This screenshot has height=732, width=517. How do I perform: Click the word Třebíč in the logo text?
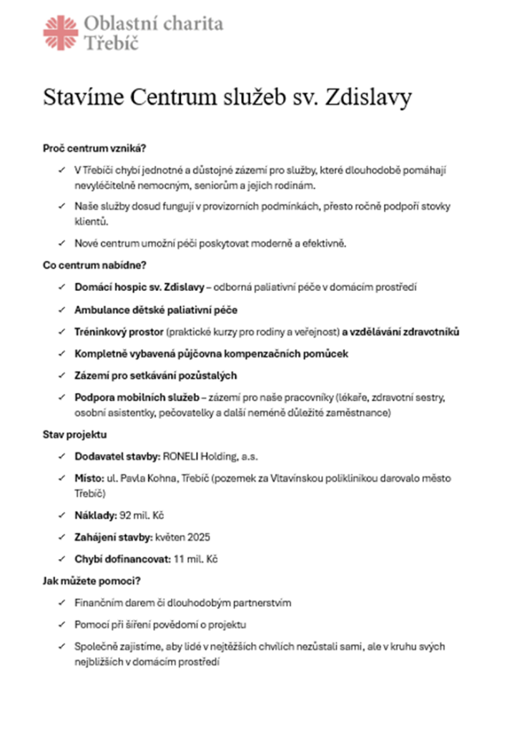[x=112, y=43]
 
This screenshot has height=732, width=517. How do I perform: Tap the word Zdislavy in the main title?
[x=368, y=99]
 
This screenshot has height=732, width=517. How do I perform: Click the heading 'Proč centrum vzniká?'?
[x=94, y=149]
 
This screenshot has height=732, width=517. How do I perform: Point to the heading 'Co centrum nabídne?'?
[x=94, y=265]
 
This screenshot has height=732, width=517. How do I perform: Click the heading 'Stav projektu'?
[x=76, y=435]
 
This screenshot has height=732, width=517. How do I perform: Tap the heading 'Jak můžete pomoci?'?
[x=91, y=581]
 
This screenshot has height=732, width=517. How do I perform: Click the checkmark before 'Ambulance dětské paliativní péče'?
[x=60, y=310]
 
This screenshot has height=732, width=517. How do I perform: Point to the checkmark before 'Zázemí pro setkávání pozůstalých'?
[x=60, y=375]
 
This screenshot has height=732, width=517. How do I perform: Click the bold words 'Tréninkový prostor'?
[x=118, y=332]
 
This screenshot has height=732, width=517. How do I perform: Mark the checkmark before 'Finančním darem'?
[x=60, y=603]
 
